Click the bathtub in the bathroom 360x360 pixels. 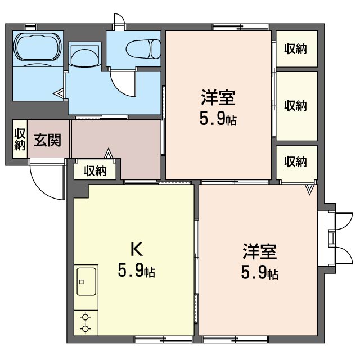click(37, 47)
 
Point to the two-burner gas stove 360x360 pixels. click(85, 322)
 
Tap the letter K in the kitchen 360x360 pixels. click(136, 248)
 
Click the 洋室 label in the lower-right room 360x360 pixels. click(259, 251)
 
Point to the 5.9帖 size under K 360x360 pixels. click(136, 272)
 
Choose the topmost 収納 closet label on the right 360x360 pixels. click(295, 49)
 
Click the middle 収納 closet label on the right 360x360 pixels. click(295, 105)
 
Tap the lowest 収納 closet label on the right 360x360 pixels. click(295, 162)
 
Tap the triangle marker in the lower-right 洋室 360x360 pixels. click(309, 190)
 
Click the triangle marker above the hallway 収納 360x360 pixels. click(109, 152)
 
